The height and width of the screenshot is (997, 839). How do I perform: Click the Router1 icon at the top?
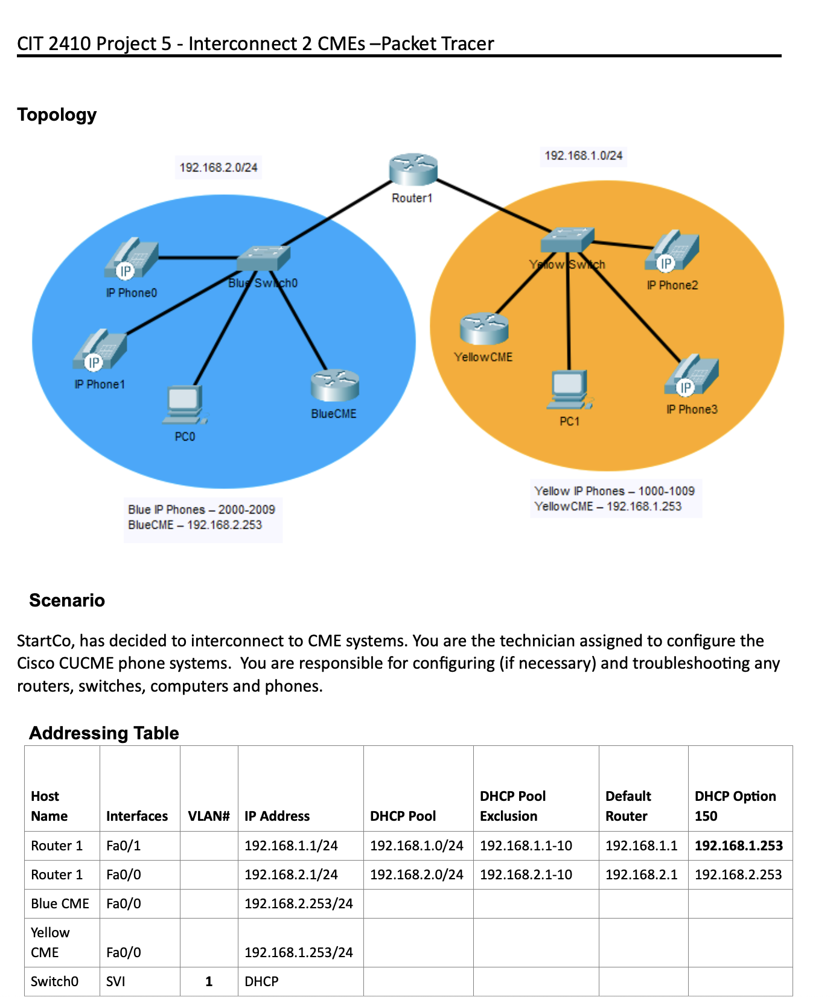coord(413,170)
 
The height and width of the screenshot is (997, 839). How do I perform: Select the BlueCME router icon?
coord(335,386)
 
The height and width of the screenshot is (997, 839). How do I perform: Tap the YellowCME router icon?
coord(484,328)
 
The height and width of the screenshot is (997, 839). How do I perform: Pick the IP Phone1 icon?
coord(100,351)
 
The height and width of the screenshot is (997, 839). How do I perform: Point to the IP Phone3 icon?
coord(691,375)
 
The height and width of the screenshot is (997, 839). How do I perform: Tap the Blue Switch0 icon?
coord(263,259)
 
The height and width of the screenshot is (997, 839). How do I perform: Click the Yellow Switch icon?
coord(567,241)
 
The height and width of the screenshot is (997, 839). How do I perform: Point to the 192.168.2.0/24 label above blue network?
coord(219,167)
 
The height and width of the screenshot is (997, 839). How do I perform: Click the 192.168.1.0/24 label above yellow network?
coord(583,156)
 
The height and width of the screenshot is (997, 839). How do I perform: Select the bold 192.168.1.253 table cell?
coord(739,846)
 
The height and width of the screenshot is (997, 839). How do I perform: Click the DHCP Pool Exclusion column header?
coord(512,806)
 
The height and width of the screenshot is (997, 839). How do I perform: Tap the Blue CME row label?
coord(60,903)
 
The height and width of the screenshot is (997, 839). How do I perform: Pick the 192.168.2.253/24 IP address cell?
coord(298,903)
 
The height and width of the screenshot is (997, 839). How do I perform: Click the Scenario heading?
coord(67,600)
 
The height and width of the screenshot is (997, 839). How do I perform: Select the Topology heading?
coord(57,114)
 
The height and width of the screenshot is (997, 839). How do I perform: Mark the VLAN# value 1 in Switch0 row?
coord(209,981)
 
